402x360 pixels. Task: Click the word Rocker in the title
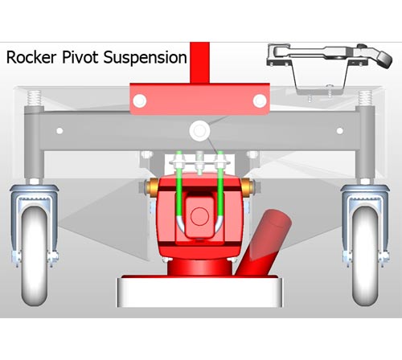pos(31,57)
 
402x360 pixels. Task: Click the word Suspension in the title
pos(145,58)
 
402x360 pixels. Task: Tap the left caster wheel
pos(35,256)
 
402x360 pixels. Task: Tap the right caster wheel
pos(365,256)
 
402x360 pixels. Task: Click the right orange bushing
pos(246,187)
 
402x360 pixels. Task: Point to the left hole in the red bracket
pos(140,101)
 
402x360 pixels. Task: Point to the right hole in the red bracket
pos(260,101)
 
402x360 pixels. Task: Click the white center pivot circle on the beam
pos(199,131)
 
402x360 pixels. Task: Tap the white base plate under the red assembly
pos(199,292)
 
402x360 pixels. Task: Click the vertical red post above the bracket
pos(199,63)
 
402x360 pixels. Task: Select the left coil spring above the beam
pos(35,98)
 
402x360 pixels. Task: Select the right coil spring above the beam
pos(365,98)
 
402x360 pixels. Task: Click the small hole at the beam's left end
pos(59,131)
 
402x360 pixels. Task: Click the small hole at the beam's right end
pos(340,131)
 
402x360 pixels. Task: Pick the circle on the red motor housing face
pos(199,216)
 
